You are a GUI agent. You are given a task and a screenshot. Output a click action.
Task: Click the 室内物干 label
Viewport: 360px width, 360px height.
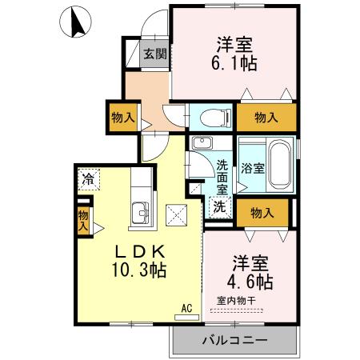click(236, 301)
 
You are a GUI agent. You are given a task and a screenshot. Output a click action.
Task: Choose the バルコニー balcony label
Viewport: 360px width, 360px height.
click(234, 340)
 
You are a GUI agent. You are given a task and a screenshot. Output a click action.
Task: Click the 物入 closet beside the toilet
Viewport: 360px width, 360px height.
click(265, 117)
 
